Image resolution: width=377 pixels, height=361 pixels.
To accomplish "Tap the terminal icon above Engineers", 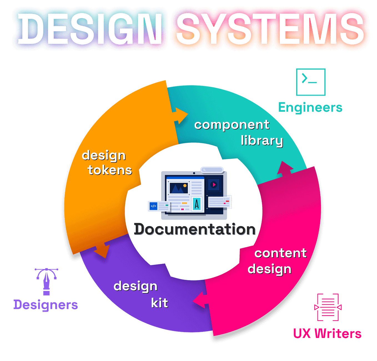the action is [311, 82].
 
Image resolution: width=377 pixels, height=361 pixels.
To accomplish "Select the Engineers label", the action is [310, 108].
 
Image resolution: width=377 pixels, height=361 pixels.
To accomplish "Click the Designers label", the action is [46, 305].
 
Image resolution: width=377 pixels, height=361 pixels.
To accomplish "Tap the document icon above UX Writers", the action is [328, 307].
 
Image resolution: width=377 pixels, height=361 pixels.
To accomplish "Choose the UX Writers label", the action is [327, 333].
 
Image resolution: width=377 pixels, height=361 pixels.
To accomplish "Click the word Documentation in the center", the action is [195, 229].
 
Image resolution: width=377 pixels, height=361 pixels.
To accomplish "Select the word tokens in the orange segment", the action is [110, 170].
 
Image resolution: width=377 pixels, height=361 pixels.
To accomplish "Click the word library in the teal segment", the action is [262, 141].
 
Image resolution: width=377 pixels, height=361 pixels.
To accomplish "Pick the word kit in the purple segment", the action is [159, 303].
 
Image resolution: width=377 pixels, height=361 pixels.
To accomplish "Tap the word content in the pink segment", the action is [280, 253].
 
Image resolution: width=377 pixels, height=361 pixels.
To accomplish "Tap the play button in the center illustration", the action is [214, 185].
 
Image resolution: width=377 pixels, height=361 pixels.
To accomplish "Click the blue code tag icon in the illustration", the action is [153, 206].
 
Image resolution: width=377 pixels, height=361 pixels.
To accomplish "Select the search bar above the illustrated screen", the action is [212, 170].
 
